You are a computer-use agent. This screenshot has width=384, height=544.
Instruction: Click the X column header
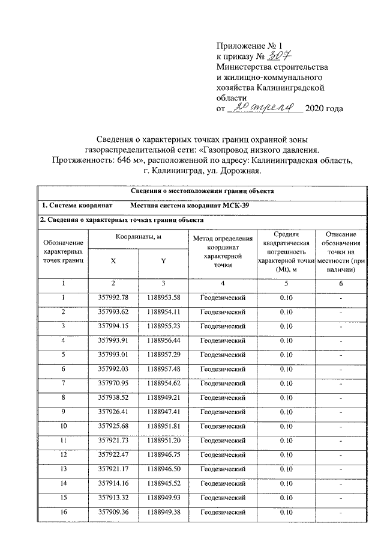point(113,261)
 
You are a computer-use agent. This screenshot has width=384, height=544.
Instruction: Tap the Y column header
point(163,261)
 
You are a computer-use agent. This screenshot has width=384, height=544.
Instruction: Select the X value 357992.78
point(113,297)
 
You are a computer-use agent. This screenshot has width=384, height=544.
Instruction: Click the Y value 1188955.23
point(163,326)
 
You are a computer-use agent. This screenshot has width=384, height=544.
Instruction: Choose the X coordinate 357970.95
point(113,382)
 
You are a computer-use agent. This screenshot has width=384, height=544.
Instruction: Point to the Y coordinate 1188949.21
point(163,397)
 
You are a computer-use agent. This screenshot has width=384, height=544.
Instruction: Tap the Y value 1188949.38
point(163,512)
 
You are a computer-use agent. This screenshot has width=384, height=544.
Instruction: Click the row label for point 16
point(62,512)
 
